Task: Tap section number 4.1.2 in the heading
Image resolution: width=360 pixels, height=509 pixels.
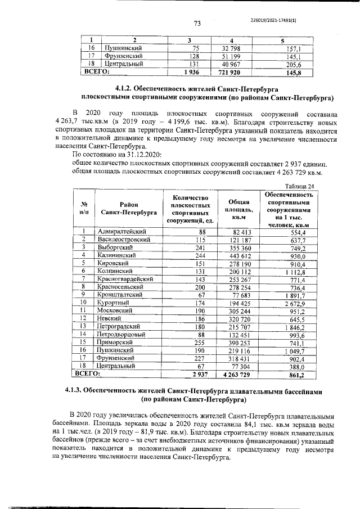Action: point(126,88)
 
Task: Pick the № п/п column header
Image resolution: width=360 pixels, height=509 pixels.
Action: point(83,209)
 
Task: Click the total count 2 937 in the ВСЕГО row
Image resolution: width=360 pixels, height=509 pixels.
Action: point(200,373)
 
